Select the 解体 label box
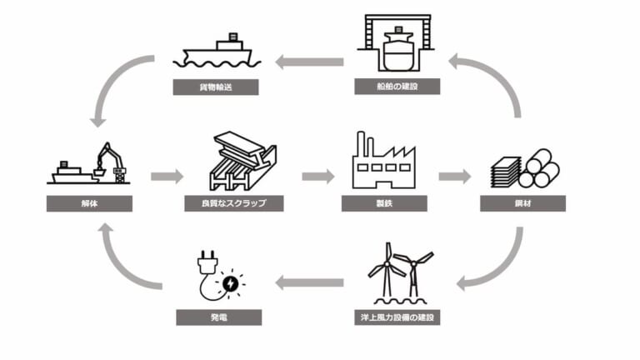point(89,203)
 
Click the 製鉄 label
point(384,203)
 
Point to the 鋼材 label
point(523,203)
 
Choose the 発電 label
point(219,317)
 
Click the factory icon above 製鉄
point(384,159)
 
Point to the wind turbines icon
point(398,273)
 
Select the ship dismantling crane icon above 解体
point(91,165)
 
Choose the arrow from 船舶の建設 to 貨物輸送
point(309,61)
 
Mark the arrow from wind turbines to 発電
point(309,283)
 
